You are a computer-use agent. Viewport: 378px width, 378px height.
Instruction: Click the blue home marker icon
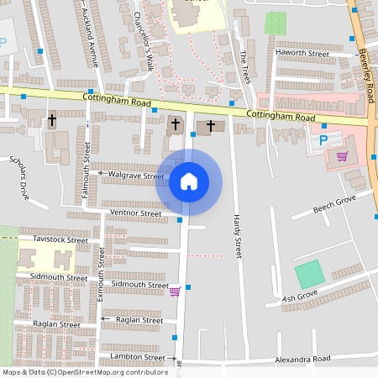[189, 181]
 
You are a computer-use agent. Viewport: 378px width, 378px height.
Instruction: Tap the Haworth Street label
[302, 53]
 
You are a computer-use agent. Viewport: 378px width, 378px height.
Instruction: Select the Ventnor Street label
[135, 214]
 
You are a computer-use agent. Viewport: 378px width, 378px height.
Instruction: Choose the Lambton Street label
[133, 357]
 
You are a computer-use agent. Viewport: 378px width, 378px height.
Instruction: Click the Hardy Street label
[236, 234]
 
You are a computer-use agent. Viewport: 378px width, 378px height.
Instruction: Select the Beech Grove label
[334, 204]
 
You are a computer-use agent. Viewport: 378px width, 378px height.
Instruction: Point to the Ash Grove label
[299, 297]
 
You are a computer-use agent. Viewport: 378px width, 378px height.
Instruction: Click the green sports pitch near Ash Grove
[309, 275]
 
